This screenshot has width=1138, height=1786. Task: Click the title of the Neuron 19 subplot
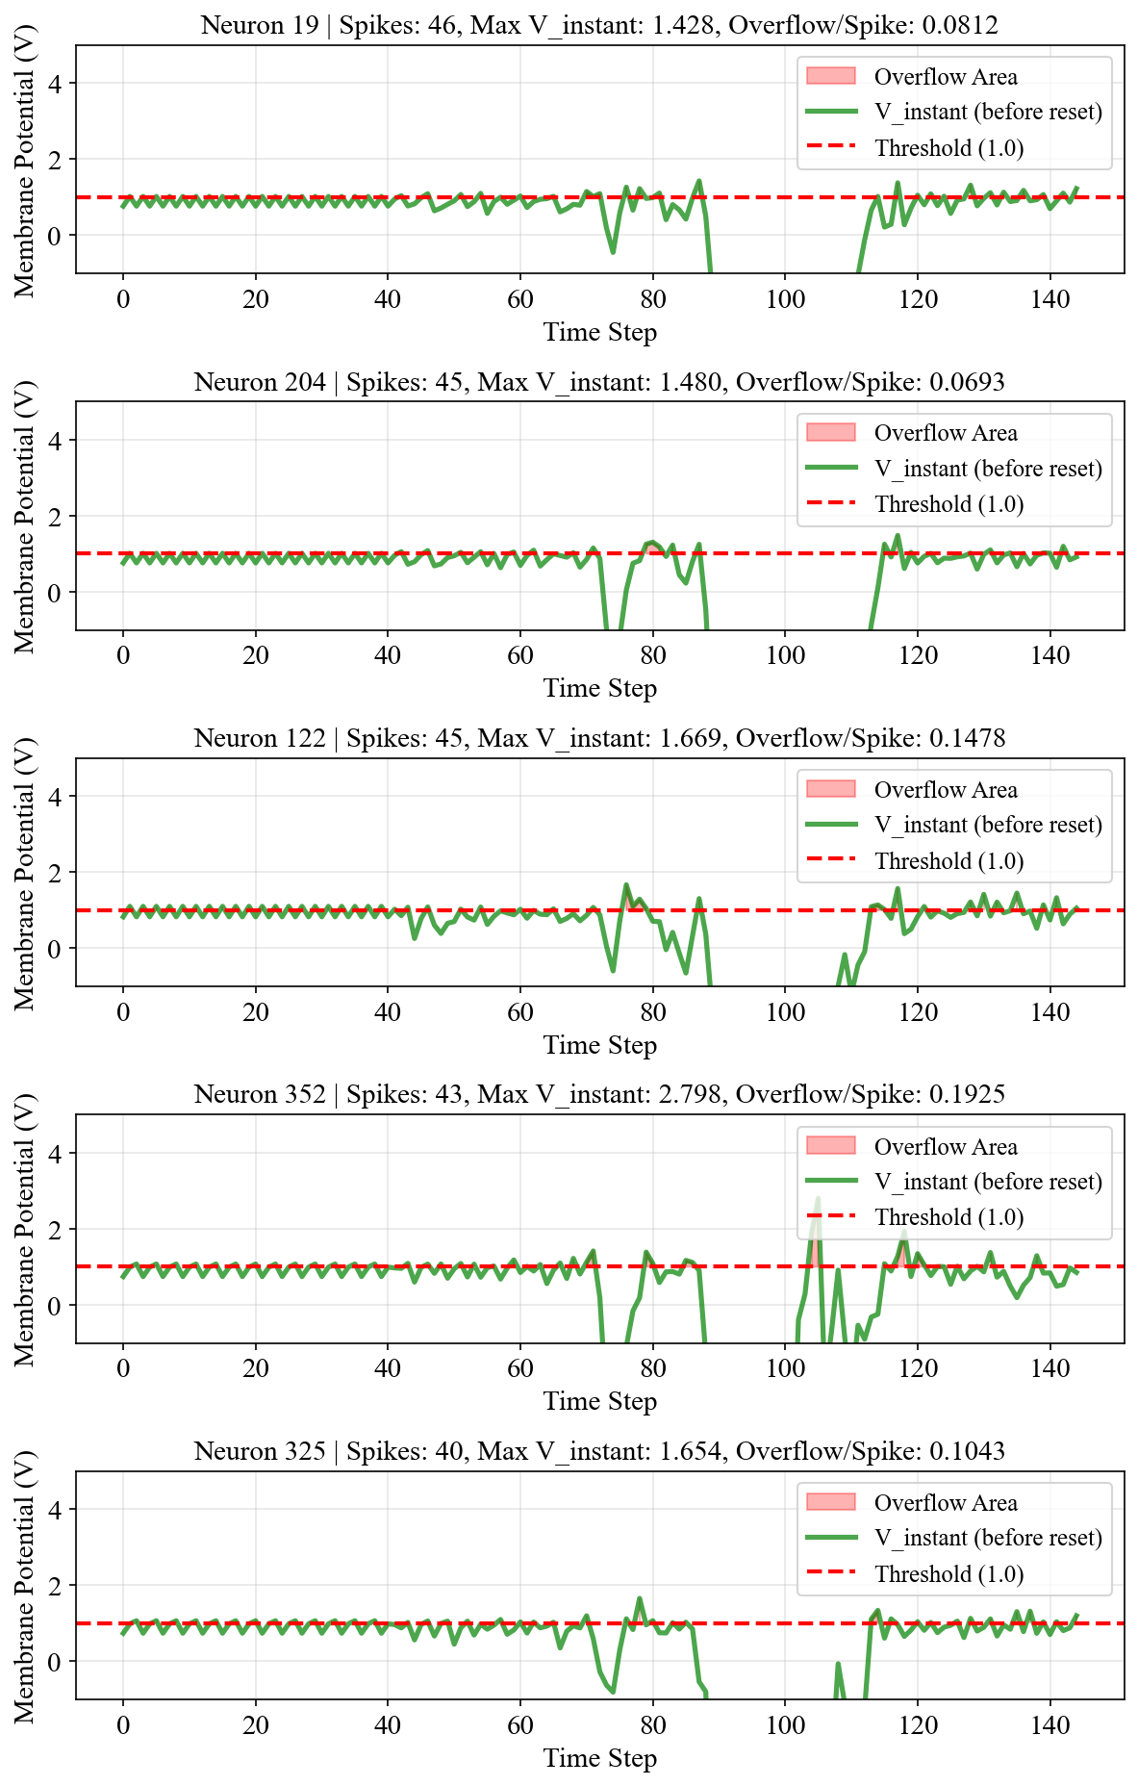coord(599,24)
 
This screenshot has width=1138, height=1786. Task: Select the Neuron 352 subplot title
coord(599,1094)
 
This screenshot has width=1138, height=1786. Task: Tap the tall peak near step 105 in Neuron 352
coord(818,1198)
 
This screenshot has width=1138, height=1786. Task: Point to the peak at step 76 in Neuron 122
coord(626,884)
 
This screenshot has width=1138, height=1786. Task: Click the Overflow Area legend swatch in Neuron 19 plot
coord(831,76)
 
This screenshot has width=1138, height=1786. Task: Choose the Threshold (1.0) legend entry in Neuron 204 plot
coord(949,504)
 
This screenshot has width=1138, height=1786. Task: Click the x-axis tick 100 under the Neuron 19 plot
coord(785,299)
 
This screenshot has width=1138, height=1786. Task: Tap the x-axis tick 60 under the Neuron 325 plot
coord(520,1725)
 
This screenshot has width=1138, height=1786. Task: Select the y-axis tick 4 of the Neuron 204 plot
coord(55,441)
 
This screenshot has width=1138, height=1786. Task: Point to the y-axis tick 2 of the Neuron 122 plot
coord(55,873)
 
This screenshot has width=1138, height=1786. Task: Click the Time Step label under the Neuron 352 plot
coord(600,1402)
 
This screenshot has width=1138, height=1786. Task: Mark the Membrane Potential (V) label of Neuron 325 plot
coord(24,1586)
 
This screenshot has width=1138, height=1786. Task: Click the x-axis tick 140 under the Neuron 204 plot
coord(1050,655)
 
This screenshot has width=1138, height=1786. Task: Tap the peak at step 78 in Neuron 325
coord(640,1598)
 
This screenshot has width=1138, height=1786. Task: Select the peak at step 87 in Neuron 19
coord(698,181)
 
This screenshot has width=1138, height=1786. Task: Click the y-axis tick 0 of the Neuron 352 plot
coord(55,1306)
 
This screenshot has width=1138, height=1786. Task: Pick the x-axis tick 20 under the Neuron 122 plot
coord(256,1012)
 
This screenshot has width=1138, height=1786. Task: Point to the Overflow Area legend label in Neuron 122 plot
coord(946,790)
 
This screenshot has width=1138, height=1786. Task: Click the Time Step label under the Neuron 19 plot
coord(600,333)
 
